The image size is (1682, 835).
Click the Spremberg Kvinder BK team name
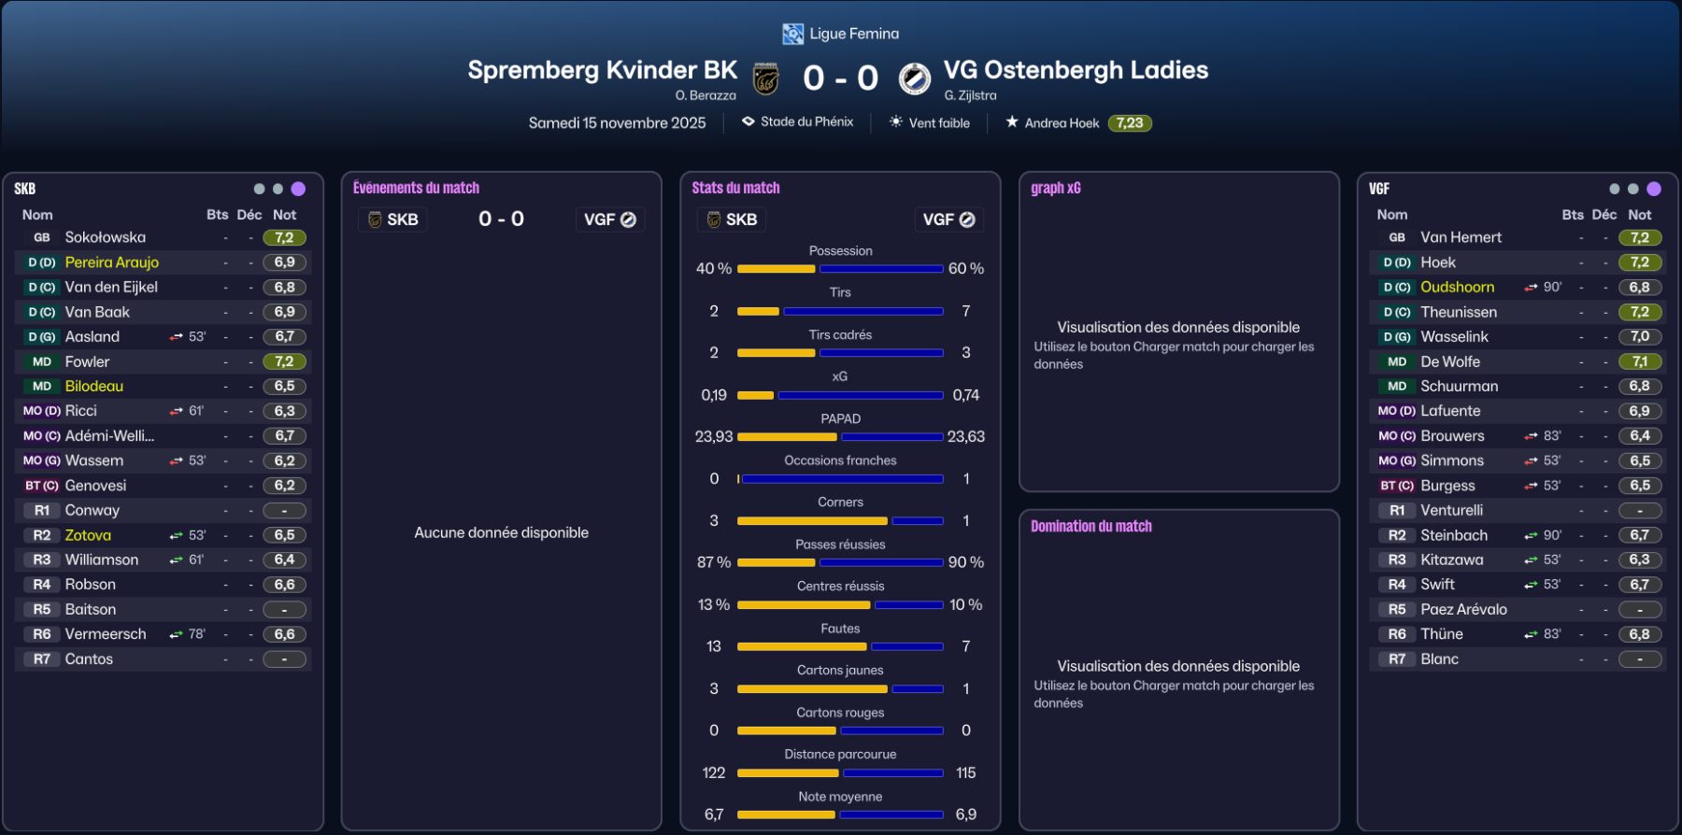602,70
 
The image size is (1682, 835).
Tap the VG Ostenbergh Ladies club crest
914,78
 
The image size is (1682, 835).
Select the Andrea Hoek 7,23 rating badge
1130,123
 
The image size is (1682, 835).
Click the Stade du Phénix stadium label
806,122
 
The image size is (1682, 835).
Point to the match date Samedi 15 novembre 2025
617,123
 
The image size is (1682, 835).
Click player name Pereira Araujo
111,262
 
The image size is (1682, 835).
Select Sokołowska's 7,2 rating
284,238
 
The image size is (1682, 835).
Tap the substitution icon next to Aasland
176,337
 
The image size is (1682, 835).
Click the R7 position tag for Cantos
42,659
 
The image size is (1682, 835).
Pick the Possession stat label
840,251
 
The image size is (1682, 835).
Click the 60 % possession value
965,269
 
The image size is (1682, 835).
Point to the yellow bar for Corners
811,521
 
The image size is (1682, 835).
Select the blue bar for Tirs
862,311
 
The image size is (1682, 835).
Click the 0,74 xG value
965,395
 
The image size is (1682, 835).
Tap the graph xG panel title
1055,189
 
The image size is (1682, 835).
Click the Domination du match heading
1090,527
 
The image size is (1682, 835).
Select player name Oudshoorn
1457,288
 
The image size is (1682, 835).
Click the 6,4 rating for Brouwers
1639,436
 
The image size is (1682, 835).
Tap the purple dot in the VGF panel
1653,189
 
